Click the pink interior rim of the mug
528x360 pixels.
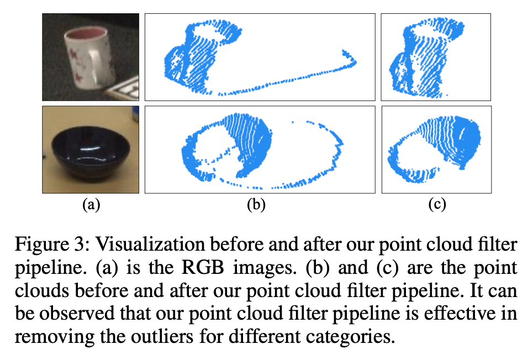pyautogui.click(x=86, y=34)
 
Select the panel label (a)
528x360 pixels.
pyautogui.click(x=91, y=204)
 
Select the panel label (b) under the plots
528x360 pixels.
pyautogui.click(x=256, y=204)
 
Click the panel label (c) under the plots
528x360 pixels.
pyautogui.click(x=437, y=204)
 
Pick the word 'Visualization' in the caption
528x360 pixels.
pyautogui.click(x=150, y=243)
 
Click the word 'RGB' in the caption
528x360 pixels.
pyautogui.click(x=203, y=267)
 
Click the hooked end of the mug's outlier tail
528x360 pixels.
pyautogui.click(x=350, y=58)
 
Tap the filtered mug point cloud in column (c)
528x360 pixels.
pyautogui.click(x=426, y=57)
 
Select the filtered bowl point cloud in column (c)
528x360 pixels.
pyautogui.click(x=435, y=149)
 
